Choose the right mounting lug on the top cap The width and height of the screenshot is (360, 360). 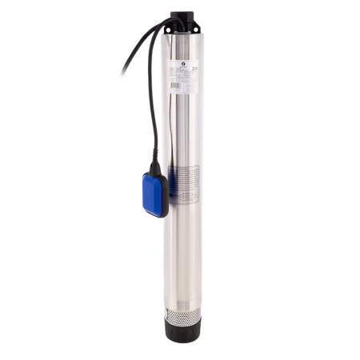200,19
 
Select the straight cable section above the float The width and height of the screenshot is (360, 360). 151,120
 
